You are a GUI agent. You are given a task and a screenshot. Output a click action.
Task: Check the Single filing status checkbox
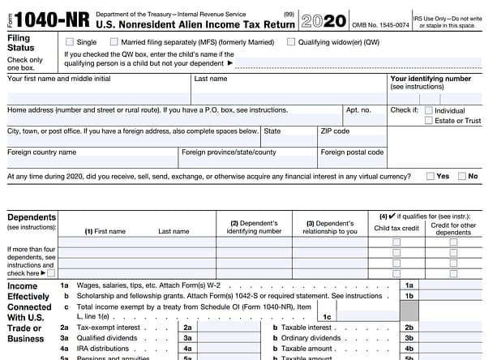[69, 41]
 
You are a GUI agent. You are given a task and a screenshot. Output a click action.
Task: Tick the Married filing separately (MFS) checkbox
[126, 41]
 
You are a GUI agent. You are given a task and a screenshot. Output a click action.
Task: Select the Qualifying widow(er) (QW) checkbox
[290, 41]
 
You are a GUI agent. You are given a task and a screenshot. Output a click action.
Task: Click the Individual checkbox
[428, 110]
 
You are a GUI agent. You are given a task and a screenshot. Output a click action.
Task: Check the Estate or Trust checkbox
[428, 121]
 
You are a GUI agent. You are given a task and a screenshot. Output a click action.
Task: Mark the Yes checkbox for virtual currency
[429, 176]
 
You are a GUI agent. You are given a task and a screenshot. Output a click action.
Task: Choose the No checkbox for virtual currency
[461, 176]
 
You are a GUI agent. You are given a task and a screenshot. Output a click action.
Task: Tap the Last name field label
[210, 79]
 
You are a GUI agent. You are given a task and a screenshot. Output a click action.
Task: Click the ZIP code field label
[335, 131]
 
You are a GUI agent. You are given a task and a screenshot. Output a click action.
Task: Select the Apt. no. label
[358, 109]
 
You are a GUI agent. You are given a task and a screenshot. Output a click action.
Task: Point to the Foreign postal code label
[352, 152]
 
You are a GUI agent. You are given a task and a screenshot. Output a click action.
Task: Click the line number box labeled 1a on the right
[409, 285]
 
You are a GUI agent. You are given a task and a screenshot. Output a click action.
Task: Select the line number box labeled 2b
[409, 327]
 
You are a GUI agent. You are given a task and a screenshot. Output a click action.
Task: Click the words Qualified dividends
[105, 337]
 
